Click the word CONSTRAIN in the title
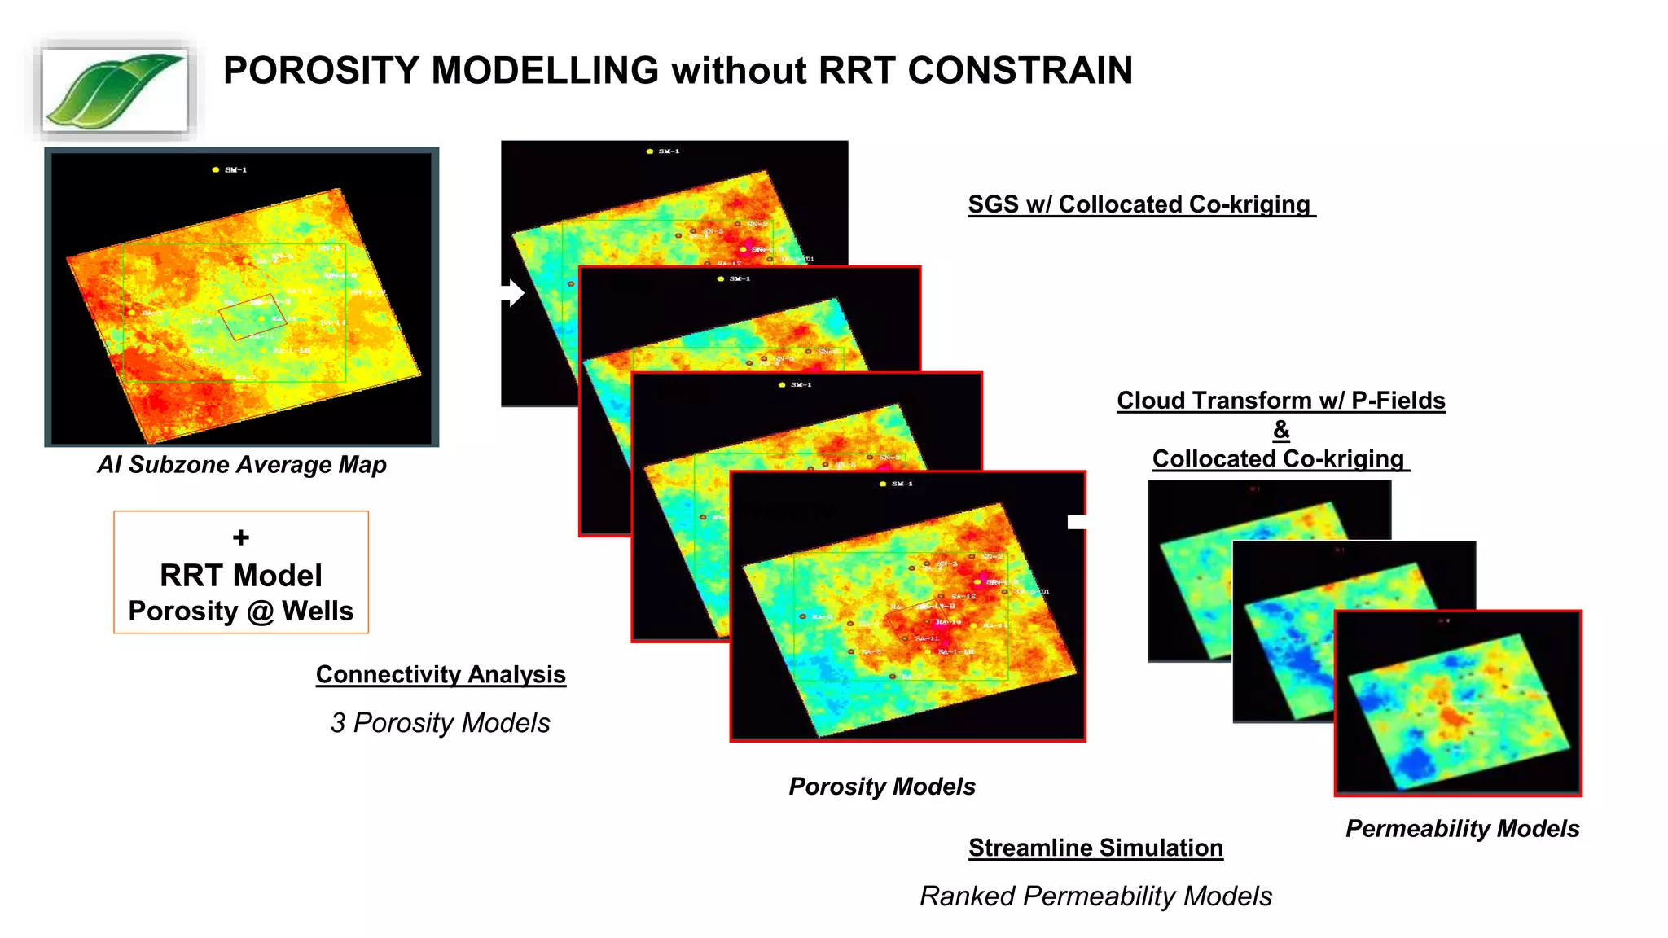pos(1020,71)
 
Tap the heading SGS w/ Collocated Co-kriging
pos(1139,204)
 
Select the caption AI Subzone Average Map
pos(242,465)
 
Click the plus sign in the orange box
pos(241,537)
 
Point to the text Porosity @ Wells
pos(241,611)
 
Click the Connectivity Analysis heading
pos(441,674)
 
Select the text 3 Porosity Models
pos(441,723)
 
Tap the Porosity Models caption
pos(882,787)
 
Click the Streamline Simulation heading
pos(1095,848)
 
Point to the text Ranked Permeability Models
pos(1095,896)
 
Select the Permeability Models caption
pos(1462,829)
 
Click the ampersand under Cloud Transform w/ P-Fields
pos(1281,429)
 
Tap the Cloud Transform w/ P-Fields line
pos(1281,401)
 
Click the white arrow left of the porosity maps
pos(512,293)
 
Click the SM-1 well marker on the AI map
pos(216,170)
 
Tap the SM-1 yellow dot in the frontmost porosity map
pos(883,484)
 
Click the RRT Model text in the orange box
pos(241,576)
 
